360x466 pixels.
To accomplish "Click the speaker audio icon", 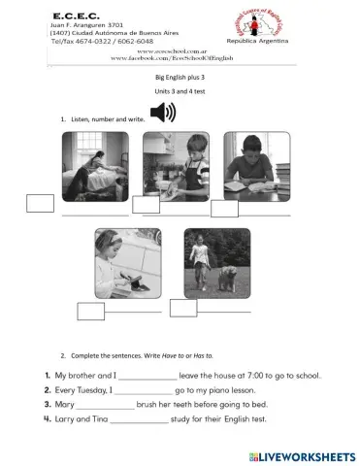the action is (x=164, y=115).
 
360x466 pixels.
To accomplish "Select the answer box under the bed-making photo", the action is (x=41, y=203).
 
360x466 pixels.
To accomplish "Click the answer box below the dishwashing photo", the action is (x=146, y=204).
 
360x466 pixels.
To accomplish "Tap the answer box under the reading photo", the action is (x=224, y=208).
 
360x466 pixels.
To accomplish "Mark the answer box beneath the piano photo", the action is (x=90, y=311).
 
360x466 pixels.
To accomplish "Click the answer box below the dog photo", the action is (x=183, y=308).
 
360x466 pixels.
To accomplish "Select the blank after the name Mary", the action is (x=104, y=405).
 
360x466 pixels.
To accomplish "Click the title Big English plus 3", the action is (x=180, y=76).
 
